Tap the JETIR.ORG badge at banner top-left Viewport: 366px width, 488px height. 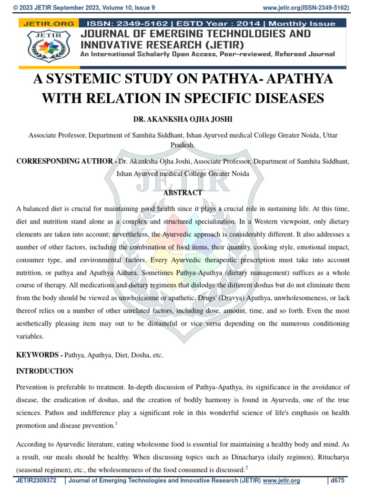point(47,23)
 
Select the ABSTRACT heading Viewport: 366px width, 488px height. point(183,193)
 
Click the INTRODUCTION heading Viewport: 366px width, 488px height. point(45,371)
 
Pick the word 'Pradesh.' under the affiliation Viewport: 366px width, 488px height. point(183,145)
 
